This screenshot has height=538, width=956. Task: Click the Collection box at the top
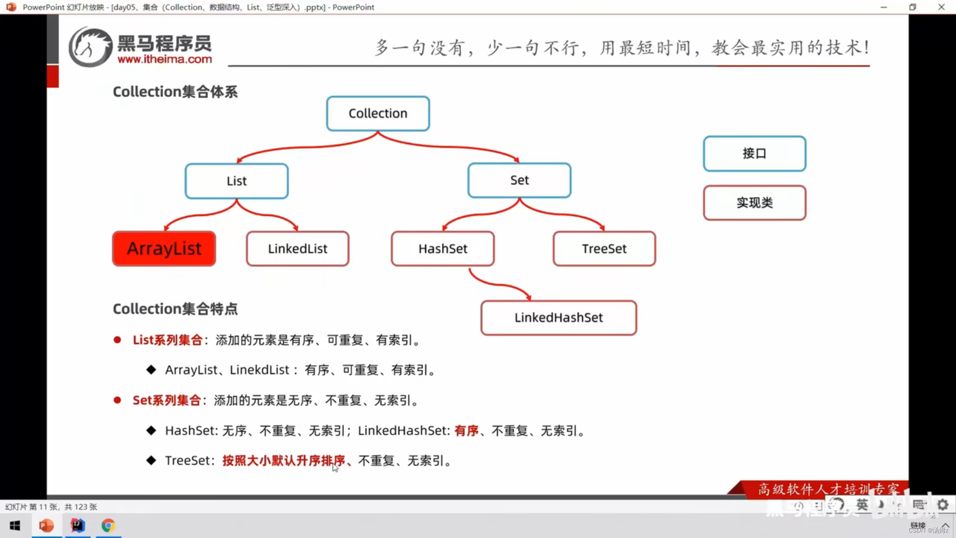[378, 114]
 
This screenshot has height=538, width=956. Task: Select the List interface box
[237, 181]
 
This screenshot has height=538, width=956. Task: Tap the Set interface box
[519, 180]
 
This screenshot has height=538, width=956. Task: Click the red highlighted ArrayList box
[164, 249]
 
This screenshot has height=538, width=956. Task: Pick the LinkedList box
[298, 249]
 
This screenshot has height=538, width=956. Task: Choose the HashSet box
[443, 249]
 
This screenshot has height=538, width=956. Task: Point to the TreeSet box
[604, 249]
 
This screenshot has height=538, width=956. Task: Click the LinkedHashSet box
[558, 318]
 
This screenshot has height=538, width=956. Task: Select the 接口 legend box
[754, 153]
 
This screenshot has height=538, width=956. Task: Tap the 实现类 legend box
[754, 203]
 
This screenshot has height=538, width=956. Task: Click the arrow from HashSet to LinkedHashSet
[498, 284]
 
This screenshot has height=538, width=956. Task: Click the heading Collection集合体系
[175, 92]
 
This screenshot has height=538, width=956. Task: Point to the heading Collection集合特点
[175, 309]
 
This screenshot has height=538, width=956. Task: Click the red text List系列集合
[167, 340]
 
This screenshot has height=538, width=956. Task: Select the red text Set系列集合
[166, 401]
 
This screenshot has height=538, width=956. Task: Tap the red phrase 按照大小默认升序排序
[284, 461]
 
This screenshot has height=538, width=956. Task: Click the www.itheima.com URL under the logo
[165, 59]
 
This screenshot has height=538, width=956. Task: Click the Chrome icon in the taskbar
[108, 526]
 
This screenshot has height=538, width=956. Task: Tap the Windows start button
[15, 526]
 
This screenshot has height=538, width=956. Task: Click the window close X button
[941, 7]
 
